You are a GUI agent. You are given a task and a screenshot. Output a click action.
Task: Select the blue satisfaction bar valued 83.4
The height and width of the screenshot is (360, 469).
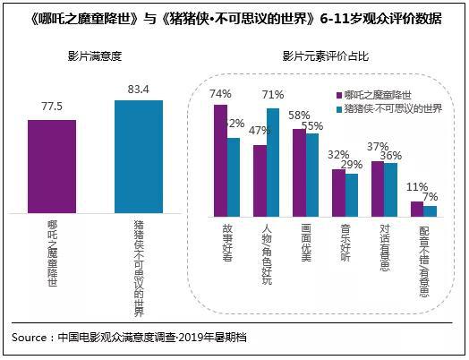[x=139, y=157]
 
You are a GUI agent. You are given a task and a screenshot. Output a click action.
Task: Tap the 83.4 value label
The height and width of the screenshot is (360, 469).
[x=139, y=89]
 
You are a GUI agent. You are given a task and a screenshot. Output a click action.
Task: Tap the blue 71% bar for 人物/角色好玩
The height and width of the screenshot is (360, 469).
[x=272, y=162]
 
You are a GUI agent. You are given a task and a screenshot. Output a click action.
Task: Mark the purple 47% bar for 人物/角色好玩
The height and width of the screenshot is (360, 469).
[x=260, y=180]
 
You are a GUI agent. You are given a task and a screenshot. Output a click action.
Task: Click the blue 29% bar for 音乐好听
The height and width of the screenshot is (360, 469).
[x=352, y=194]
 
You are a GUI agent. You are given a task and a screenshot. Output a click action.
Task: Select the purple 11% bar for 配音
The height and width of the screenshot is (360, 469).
[x=416, y=208]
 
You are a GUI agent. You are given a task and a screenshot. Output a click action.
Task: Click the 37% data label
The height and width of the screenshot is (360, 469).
[x=377, y=147]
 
